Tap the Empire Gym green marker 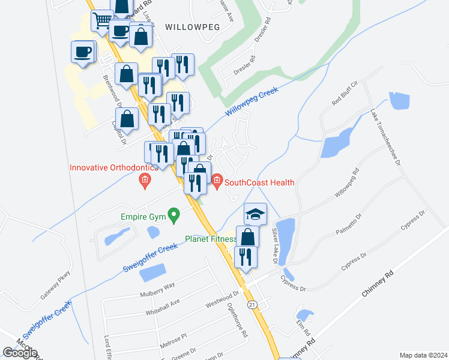(x=174, y=214)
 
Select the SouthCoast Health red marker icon (x=216, y=181)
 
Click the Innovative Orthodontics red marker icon (x=144, y=180)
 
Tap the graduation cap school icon (x=255, y=214)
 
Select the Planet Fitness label (x=210, y=238)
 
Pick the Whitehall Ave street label (x=163, y=308)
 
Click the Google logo (x=20, y=353)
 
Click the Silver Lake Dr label (x=276, y=246)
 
